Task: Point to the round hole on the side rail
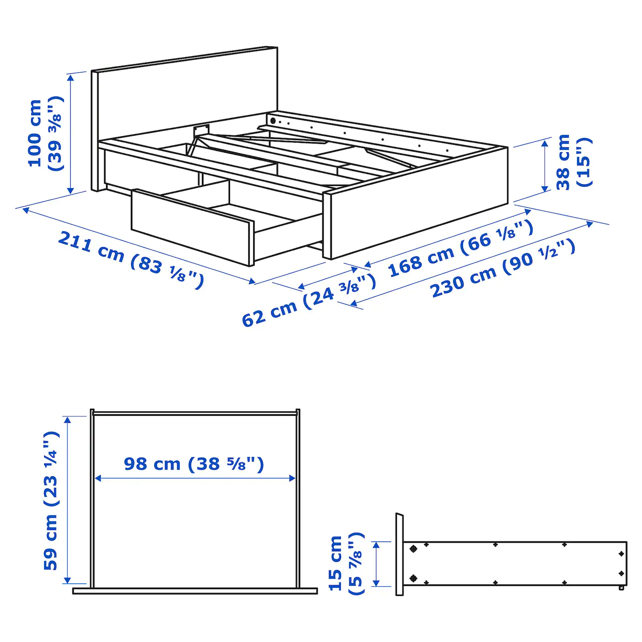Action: click(273, 121)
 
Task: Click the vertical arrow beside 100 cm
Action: click(71, 133)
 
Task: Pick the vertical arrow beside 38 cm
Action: click(545, 166)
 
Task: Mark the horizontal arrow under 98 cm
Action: click(195, 478)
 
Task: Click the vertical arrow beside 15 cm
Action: click(376, 564)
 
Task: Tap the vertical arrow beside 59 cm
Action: click(68, 500)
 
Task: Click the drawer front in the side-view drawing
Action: click(399, 554)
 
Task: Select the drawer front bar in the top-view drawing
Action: click(195, 591)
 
